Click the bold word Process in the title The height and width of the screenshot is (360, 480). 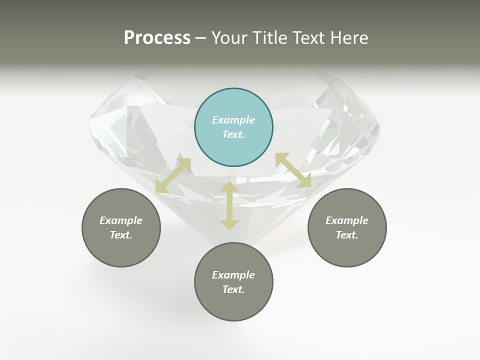tap(157, 37)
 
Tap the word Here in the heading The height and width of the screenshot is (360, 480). tap(348, 37)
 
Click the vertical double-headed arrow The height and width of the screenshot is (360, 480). tap(229, 205)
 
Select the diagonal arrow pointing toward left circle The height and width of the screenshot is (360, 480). tap(173, 175)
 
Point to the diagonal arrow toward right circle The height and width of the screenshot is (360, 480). tap(293, 170)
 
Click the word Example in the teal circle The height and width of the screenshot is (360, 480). tap(233, 120)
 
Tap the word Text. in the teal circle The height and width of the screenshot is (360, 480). tap(233, 134)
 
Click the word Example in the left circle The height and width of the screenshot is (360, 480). tap(121, 220)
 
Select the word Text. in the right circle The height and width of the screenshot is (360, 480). tap(347, 235)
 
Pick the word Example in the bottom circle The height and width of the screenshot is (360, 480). tap(233, 275)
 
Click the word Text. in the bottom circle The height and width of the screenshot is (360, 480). tap(233, 289)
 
